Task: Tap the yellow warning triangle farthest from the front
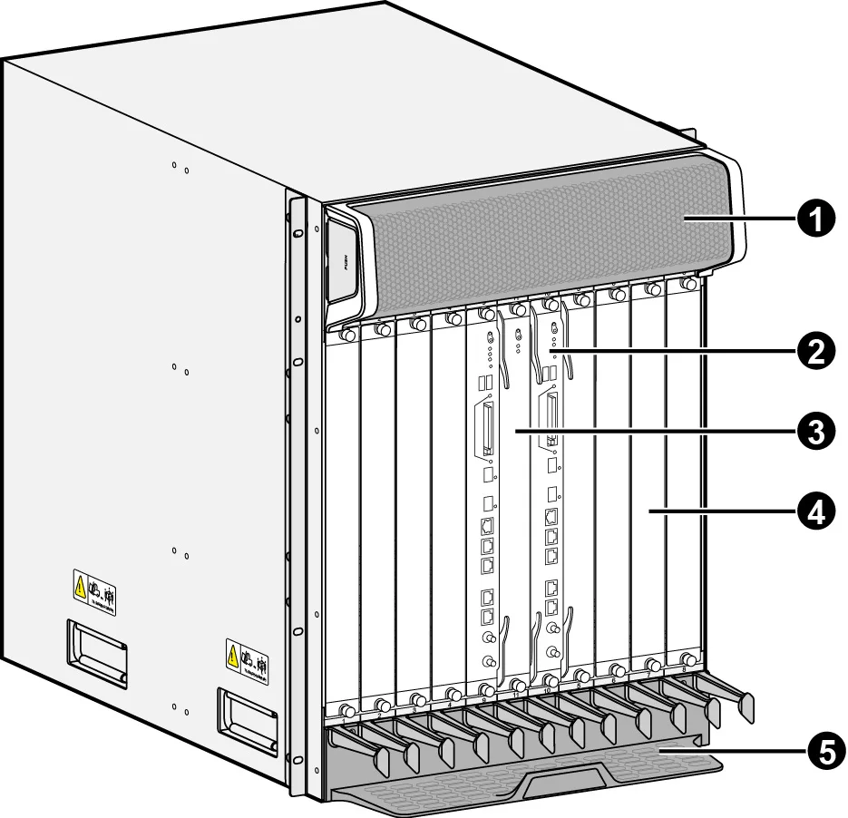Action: (x=80, y=586)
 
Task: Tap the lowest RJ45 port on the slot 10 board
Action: (x=551, y=605)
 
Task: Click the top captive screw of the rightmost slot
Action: (x=687, y=284)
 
